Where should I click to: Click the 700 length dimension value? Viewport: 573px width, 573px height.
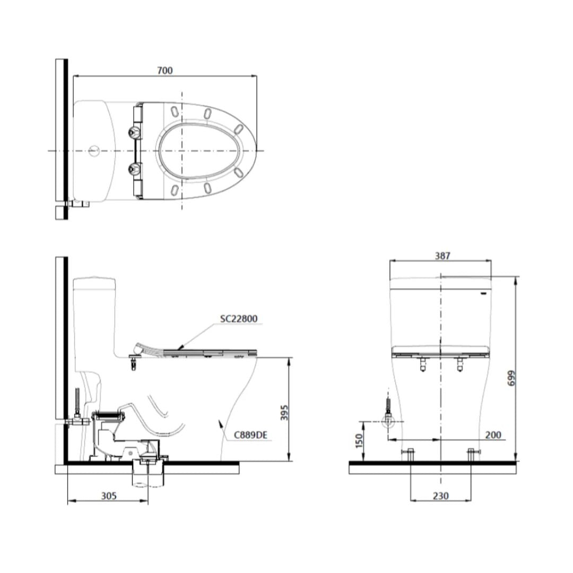(165, 70)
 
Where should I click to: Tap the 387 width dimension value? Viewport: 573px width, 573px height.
(442, 255)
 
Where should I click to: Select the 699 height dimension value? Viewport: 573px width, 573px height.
(511, 378)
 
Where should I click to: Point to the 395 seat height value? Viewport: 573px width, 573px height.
(285, 412)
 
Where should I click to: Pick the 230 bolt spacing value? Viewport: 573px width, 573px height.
(440, 496)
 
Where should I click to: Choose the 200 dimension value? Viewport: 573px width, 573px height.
(493, 435)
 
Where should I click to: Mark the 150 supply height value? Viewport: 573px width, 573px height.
(359, 441)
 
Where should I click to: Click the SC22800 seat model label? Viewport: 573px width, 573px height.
(239, 318)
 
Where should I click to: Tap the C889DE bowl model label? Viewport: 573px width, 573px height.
(250, 435)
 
